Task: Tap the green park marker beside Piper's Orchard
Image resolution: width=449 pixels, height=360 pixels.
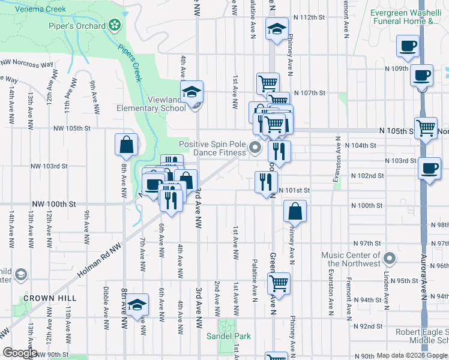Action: click(113, 26)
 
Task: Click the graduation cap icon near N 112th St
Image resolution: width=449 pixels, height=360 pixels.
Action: click(277, 30)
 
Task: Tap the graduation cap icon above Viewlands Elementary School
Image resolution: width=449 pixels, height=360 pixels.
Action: click(191, 92)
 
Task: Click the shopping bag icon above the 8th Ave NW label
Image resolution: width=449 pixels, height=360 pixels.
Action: click(127, 144)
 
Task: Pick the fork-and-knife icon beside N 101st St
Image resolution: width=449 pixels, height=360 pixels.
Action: click(266, 182)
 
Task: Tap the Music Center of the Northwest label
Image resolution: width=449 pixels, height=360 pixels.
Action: click(351, 260)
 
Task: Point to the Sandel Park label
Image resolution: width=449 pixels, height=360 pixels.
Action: click(228, 336)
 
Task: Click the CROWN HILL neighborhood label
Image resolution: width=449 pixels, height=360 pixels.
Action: click(47, 298)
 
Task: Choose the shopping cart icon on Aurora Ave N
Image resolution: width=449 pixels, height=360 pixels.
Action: click(426, 127)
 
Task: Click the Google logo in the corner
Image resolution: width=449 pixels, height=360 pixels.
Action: click(20, 353)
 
